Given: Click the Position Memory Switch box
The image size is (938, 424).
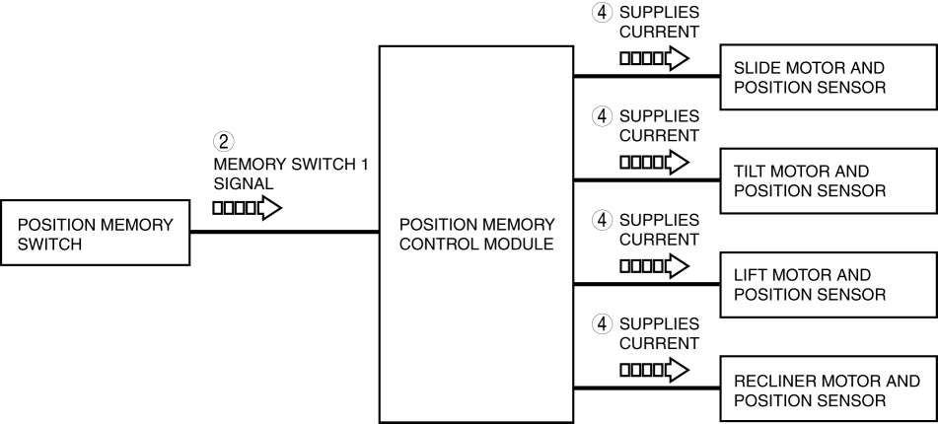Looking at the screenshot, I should pos(97,234).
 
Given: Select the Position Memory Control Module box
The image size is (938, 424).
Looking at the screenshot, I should pos(476,234).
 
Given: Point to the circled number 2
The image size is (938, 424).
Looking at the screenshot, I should pos(223,140).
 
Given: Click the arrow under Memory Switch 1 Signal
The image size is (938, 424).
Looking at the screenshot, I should pos(247,208).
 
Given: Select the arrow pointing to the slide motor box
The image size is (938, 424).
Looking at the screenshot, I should pos(652,60).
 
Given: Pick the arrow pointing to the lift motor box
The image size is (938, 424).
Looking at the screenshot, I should pos(652,267).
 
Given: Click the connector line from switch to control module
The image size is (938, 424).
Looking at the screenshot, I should pos(284,233).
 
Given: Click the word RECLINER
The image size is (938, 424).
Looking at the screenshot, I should pos(770,381).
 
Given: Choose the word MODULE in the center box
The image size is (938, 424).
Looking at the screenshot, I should pos(523,243).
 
